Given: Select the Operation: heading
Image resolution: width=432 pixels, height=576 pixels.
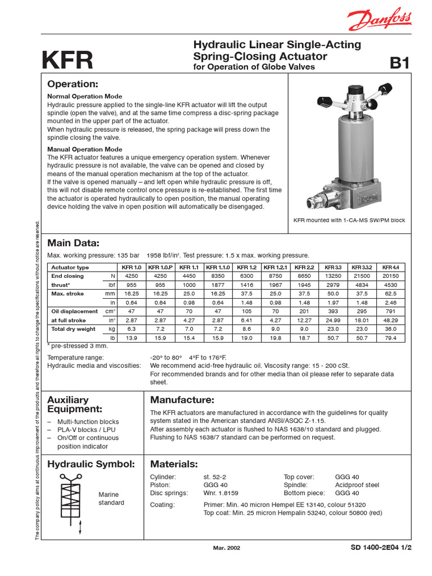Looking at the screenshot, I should [x=73, y=84].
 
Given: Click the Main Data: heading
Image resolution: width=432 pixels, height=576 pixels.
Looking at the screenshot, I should [x=73, y=243].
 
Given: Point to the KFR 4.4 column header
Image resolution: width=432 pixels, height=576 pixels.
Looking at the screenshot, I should [x=390, y=267].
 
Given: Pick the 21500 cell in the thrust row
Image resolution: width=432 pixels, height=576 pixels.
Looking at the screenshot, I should [x=361, y=276].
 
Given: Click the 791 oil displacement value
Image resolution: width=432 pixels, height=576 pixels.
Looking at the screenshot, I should [x=390, y=311].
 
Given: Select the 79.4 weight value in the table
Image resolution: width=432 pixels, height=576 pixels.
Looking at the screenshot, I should [x=390, y=337].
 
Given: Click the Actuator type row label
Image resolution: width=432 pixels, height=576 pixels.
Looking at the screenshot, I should [x=70, y=267].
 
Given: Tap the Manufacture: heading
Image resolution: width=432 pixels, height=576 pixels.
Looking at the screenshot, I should [x=182, y=400].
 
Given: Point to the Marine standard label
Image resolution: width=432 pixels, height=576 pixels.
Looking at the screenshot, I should [x=111, y=498].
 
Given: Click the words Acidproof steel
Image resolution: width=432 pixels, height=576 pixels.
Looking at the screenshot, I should [x=357, y=485].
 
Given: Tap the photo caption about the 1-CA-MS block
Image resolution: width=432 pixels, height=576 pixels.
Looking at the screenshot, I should [x=349, y=220].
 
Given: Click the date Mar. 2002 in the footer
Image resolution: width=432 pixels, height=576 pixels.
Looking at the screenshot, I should [x=227, y=548].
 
